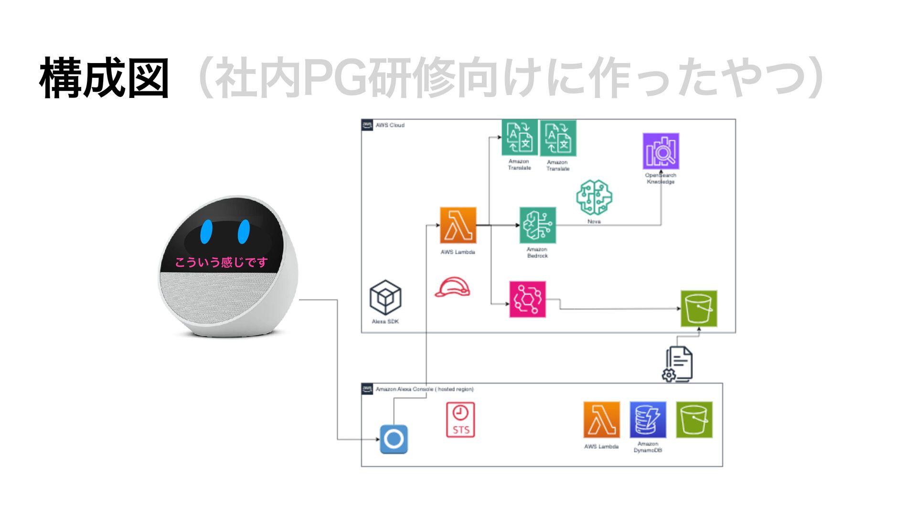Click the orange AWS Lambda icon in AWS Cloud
pos(458,225)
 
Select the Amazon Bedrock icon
pos(538,225)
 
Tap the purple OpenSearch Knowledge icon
pos(661,151)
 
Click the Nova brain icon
pos(594,197)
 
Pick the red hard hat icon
pos(452,287)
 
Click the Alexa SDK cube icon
pos(385,298)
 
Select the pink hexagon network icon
pos(527,300)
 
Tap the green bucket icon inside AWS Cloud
pos(699,309)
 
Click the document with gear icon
pos(678,365)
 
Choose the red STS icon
pos(460,419)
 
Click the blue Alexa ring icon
pos(394,439)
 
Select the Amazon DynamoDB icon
pos(648,419)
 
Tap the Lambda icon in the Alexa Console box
pos(602,419)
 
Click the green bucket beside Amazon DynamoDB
pos(694,419)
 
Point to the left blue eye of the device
pos(206,231)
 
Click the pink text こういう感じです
pos(221,262)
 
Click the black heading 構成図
pos(104,78)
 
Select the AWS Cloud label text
pos(390,125)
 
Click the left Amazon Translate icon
pos(520,138)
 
